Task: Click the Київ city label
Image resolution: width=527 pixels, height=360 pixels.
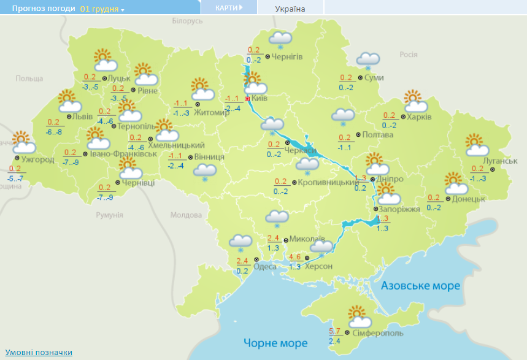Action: pos(260,99)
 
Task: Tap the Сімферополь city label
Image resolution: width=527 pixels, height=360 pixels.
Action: pos(378,333)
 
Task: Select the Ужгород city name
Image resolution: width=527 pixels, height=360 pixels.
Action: pos(37,160)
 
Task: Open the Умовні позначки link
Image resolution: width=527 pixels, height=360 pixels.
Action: pos(39,353)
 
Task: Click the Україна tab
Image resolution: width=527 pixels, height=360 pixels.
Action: pos(290,9)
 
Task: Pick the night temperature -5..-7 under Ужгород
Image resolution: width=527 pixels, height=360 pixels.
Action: pos(15,178)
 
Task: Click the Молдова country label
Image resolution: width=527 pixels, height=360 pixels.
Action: pos(185,215)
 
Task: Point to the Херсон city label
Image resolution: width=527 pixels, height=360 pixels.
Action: pos(318,266)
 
